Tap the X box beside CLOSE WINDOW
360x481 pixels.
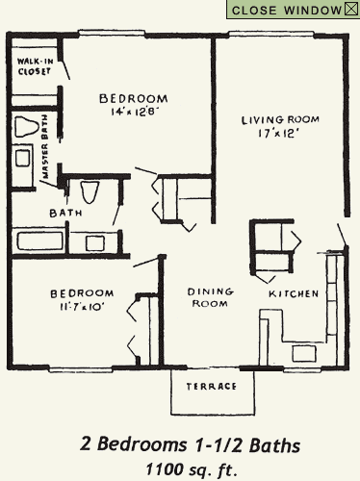pyautogui.click(x=350, y=10)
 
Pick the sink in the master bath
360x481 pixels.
pyautogui.click(x=23, y=160)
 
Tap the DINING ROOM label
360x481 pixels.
pyautogui.click(x=207, y=297)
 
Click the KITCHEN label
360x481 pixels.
pyautogui.click(x=293, y=292)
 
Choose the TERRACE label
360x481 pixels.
pyautogui.click(x=215, y=386)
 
